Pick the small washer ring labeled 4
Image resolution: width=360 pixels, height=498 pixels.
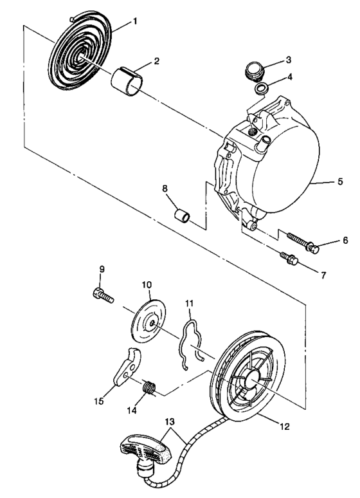click(262, 88)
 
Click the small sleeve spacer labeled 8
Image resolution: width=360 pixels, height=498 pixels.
click(181, 213)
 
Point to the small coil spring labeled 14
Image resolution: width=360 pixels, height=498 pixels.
click(149, 389)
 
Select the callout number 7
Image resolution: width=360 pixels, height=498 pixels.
click(323, 275)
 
